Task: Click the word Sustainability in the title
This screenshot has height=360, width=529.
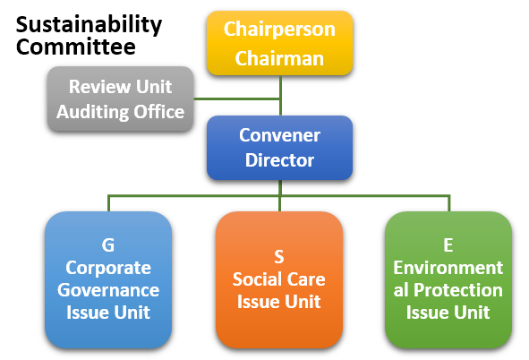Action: (89, 25)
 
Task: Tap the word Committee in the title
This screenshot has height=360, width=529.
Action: (76, 47)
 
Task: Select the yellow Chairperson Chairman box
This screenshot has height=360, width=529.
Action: (279, 43)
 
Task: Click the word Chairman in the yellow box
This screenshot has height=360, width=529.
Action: (279, 58)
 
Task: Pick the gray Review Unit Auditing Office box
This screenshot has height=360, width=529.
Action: (121, 99)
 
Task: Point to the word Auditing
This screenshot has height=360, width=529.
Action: (93, 112)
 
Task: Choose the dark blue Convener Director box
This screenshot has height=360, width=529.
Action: (279, 148)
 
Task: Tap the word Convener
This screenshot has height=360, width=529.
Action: (279, 135)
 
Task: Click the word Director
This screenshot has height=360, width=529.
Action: (279, 160)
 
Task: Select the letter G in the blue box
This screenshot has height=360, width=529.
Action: (108, 245)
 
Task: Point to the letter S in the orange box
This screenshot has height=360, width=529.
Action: (279, 257)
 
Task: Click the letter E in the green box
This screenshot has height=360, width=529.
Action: (448, 245)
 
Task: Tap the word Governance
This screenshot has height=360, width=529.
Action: (108, 290)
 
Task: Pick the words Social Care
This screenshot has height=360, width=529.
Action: (279, 279)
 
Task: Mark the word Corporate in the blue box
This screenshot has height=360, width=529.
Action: (108, 269)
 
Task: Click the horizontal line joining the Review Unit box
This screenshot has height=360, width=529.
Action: (237, 99)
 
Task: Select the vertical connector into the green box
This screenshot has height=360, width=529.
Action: (449, 203)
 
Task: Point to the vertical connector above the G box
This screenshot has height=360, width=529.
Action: (108, 203)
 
